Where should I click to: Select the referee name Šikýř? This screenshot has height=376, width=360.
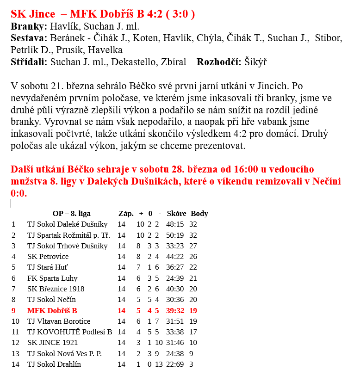[x=255, y=62]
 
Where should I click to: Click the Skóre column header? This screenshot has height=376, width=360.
[x=176, y=214]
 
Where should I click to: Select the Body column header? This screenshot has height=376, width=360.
[x=199, y=214]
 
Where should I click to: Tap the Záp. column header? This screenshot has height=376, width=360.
[x=126, y=214]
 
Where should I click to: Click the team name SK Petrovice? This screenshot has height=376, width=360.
[x=48, y=257]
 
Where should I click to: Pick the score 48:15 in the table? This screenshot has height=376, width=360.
[x=175, y=224]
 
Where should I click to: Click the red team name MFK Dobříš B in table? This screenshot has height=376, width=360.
[x=52, y=311]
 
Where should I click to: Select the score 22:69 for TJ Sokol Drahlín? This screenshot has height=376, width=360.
[x=175, y=364]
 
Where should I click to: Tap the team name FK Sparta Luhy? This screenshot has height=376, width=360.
[x=52, y=278]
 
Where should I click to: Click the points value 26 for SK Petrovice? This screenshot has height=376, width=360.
[x=193, y=257]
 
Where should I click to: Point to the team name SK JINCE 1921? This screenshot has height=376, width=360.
[x=52, y=343]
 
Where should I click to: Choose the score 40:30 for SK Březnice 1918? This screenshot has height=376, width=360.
[x=175, y=289]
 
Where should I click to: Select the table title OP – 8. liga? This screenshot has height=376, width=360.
[x=72, y=214]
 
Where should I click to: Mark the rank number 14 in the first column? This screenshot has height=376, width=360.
[x=16, y=364]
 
